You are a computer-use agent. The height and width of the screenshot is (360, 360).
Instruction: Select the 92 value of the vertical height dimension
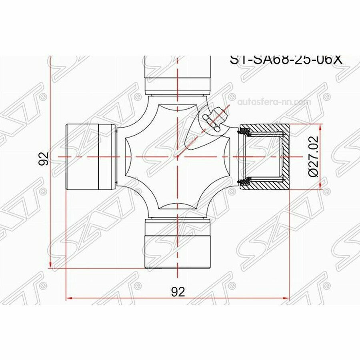point(44,159)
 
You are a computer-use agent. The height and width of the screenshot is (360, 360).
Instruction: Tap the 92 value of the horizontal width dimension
point(178,292)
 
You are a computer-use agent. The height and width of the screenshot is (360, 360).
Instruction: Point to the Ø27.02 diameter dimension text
point(314,156)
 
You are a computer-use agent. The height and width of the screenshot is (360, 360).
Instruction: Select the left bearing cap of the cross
point(90,156)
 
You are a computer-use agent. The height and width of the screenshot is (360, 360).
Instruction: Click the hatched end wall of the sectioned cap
point(284,156)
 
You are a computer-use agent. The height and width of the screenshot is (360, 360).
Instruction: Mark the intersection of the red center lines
point(177,156)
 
